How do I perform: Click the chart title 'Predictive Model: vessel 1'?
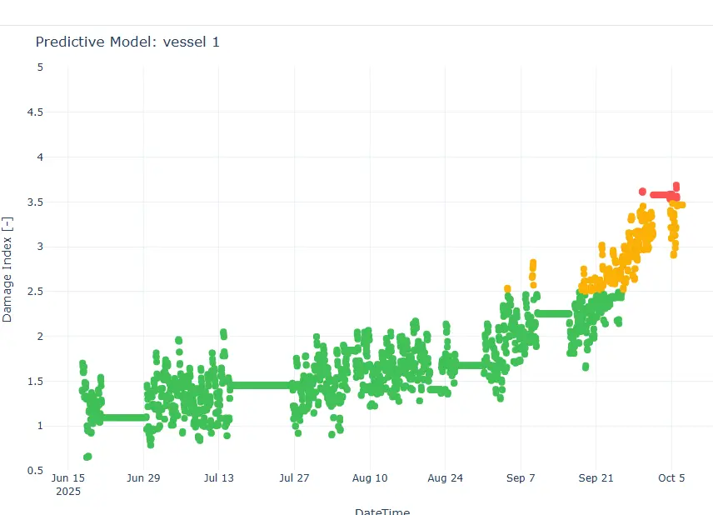coord(127,42)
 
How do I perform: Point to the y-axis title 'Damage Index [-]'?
coord(7,269)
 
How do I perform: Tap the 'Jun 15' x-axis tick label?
coord(68,478)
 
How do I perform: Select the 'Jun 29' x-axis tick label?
coord(143,478)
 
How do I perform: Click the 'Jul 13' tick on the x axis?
coord(218,478)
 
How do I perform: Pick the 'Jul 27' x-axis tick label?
coord(294,478)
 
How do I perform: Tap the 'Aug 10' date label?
coord(370,478)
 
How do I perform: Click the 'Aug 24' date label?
coord(445,478)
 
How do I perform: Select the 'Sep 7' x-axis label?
coord(521,478)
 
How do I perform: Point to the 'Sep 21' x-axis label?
coord(596,478)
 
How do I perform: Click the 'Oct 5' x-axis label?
coord(671,478)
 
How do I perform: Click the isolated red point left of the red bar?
coord(642,192)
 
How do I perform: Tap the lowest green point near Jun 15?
coord(87,457)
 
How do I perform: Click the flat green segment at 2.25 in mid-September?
coord(552,313)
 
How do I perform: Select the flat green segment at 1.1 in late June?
coord(125,417)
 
